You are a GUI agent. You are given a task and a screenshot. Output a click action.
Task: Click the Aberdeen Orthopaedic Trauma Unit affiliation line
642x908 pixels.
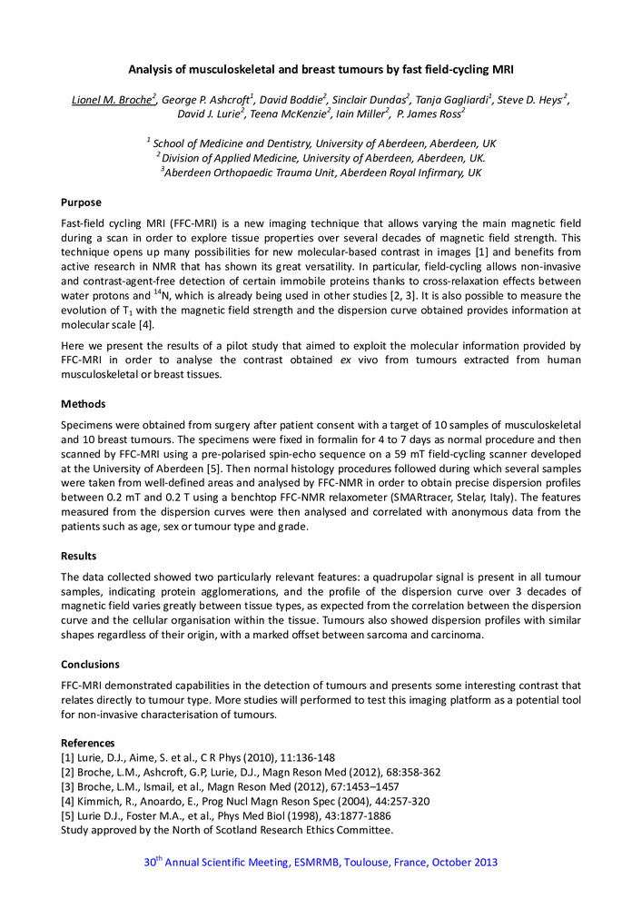click(x=320, y=173)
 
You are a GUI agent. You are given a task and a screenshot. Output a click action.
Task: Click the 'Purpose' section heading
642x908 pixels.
click(x=81, y=202)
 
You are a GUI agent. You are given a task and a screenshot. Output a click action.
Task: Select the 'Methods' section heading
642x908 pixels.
click(x=83, y=403)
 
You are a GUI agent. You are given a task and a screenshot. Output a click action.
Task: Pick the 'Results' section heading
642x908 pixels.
click(x=79, y=556)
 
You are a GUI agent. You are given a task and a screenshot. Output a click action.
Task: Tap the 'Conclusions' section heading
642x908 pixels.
click(x=92, y=665)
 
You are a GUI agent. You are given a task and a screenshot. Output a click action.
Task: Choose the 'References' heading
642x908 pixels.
click(x=88, y=743)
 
